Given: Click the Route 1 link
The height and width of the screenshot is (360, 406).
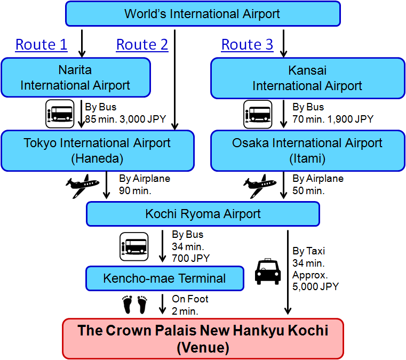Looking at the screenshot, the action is pos(42,44).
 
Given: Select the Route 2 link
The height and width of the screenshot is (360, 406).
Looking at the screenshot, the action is pos(142,44).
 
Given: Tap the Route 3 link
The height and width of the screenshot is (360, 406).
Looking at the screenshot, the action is pos(247,44).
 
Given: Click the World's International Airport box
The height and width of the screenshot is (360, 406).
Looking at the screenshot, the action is pos(203,14).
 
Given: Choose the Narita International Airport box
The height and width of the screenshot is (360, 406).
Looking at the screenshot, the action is pos(76,77).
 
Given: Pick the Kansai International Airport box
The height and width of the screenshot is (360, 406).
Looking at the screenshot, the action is pos(308,78).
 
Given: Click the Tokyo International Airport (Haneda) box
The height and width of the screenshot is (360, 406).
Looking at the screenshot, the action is pos(97,150).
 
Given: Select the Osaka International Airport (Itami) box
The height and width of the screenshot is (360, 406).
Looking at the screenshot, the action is pos(308,150).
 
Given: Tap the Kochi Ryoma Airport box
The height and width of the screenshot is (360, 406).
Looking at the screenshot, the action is pos(203,214).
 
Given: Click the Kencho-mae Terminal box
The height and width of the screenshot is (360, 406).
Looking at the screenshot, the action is pos(165,278).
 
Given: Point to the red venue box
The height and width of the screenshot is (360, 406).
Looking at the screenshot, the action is pos(203,339).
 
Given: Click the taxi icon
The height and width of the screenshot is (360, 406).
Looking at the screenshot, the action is pos(268,271).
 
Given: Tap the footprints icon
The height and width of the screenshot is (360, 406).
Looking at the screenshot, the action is pos(134,305).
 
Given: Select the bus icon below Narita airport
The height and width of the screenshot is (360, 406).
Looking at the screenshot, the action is pos(60,114).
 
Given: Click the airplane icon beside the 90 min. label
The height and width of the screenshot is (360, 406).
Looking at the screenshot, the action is pos(82,186).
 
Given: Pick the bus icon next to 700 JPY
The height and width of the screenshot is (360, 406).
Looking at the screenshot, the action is pos(134,246).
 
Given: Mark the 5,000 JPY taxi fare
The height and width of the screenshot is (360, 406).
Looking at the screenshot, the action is pos(316,287).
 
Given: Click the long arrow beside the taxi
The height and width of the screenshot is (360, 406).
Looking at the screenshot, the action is pos(288,272).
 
